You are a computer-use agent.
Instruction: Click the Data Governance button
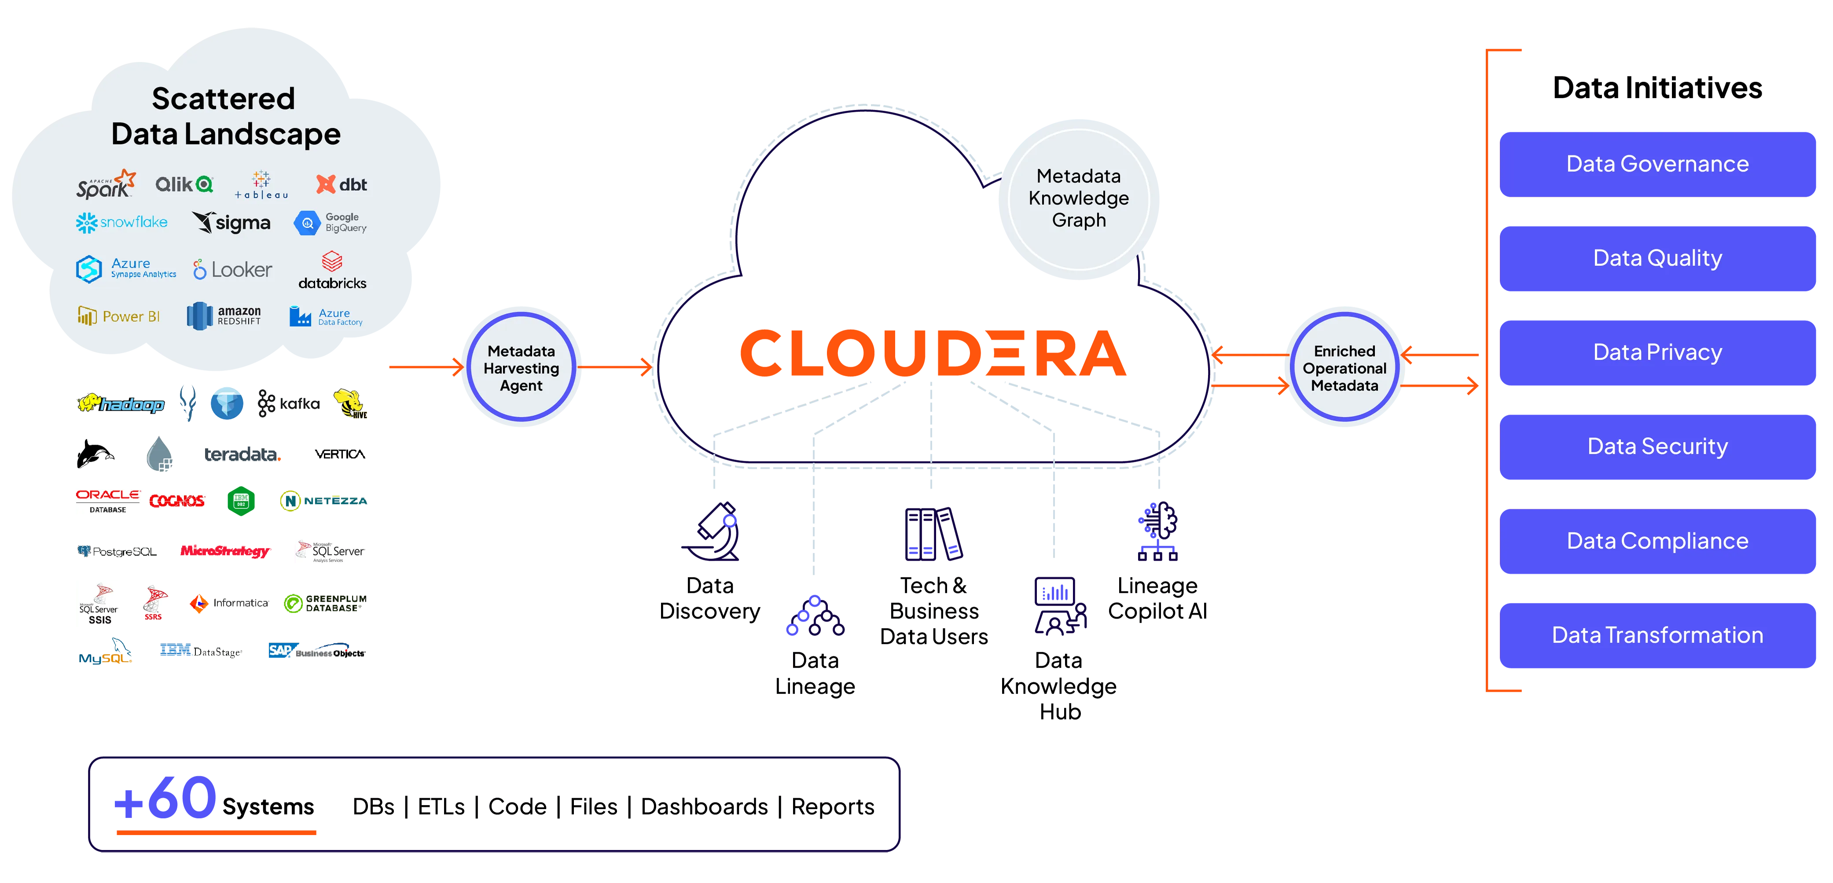coord(1657,164)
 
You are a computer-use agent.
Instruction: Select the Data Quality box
coord(1657,258)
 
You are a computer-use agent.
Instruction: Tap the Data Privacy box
coord(1657,352)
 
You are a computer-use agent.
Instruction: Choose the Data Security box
coord(1657,446)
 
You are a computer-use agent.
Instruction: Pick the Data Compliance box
coord(1657,541)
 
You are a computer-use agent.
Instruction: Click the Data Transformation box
coord(1657,635)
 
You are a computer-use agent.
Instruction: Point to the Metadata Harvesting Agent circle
coord(521,367)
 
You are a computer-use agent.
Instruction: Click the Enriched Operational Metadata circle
coord(1344,367)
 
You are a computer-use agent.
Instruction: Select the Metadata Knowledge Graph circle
coord(1078,199)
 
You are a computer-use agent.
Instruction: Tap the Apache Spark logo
coord(105,184)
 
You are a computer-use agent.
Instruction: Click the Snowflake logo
coord(121,223)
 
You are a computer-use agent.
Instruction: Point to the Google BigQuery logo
coord(330,223)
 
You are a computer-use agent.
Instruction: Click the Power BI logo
coord(118,316)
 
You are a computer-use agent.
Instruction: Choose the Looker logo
coord(232,270)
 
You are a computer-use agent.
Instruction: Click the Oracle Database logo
coord(107,500)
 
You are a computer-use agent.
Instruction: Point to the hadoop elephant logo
coord(121,404)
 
